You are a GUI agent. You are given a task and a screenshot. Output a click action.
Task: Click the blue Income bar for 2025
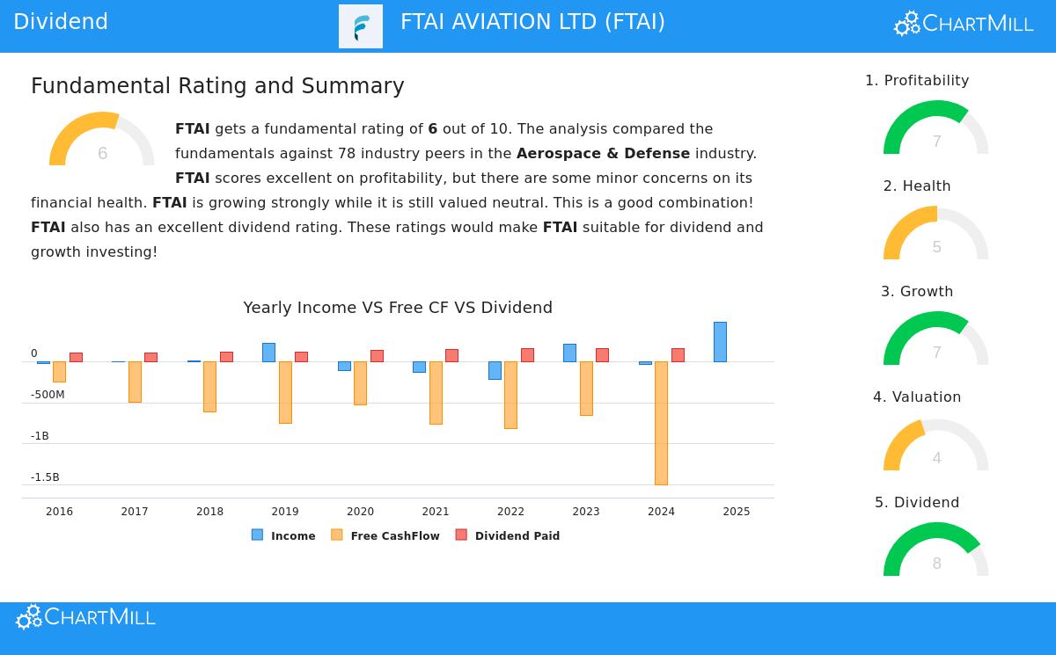point(720,342)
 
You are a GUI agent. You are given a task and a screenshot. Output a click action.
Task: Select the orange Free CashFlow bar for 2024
point(661,423)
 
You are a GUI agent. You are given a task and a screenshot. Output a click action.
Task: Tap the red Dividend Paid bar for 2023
point(602,355)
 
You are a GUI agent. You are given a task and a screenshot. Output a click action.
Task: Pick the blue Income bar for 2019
point(268,353)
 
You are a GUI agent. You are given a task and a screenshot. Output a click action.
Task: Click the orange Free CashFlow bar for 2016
point(59,371)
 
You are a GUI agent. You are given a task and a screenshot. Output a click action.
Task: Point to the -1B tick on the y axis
point(40,436)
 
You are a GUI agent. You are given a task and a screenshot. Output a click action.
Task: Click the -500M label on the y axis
point(48,395)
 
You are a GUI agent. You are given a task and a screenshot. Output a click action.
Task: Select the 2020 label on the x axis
point(360,512)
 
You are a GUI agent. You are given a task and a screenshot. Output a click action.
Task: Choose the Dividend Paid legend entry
point(508,535)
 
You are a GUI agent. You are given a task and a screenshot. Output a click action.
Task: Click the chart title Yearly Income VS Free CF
point(398,308)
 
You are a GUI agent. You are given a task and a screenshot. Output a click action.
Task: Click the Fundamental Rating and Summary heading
point(217,86)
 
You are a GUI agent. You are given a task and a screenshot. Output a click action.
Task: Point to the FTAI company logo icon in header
point(361,26)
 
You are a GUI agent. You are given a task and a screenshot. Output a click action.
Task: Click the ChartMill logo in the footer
point(85,617)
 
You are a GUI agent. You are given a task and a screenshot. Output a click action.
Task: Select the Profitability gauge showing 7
point(935,129)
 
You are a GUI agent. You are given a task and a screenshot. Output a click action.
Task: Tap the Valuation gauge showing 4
point(935,446)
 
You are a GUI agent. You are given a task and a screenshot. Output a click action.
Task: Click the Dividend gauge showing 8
point(935,551)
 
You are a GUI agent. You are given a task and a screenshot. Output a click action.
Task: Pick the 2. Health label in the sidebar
point(917,186)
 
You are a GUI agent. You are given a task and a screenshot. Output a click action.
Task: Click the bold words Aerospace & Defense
point(603,154)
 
